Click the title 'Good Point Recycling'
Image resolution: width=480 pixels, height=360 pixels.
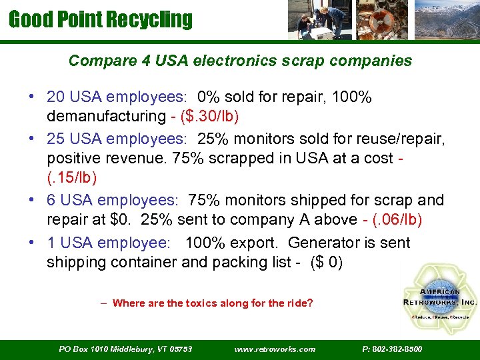click(100, 19)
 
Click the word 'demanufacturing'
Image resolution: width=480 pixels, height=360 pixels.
click(105, 116)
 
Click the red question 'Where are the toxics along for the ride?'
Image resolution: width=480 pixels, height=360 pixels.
click(212, 303)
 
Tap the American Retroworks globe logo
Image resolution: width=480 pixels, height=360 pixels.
click(439, 294)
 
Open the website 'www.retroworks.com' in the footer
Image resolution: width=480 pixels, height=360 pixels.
click(275, 349)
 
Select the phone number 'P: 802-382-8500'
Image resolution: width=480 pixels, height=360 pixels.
click(392, 349)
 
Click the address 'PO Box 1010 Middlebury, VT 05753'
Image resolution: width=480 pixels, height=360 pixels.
click(125, 349)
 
